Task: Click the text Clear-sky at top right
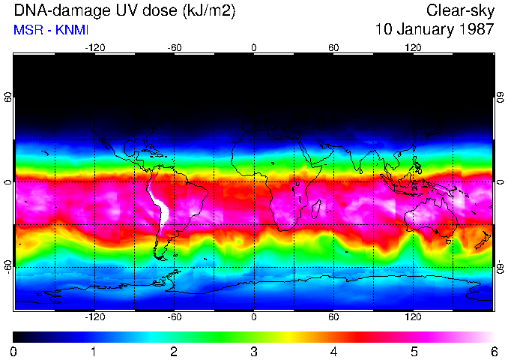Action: (460, 10)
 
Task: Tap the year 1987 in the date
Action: (474, 29)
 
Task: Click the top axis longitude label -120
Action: (94, 48)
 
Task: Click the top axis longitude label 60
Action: (333, 48)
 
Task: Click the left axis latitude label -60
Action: (8, 266)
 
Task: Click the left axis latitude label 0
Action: (8, 182)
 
